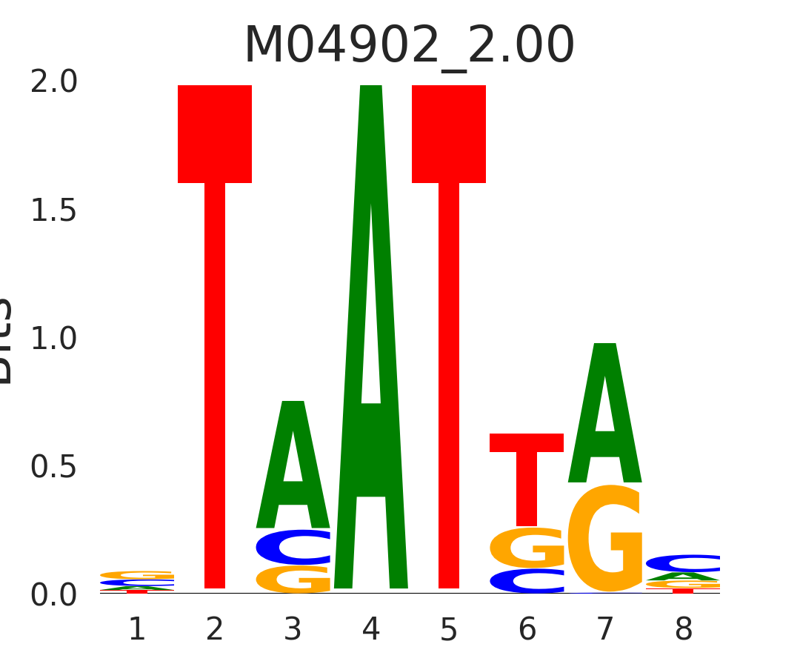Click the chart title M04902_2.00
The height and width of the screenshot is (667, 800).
pyautogui.click(x=409, y=46)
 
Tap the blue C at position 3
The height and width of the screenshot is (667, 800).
pyautogui.click(x=293, y=548)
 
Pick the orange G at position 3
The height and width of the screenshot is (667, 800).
pyautogui.click(x=293, y=580)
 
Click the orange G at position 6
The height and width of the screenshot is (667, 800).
pyautogui.click(x=527, y=548)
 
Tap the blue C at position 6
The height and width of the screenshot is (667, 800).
pyautogui.click(x=527, y=581)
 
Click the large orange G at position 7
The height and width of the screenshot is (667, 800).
pyautogui.click(x=605, y=539)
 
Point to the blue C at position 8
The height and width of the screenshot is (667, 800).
pyautogui.click(x=683, y=563)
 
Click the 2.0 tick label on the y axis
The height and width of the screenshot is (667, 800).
pyautogui.click(x=53, y=82)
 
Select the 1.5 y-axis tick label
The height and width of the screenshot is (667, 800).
pyautogui.click(x=53, y=211)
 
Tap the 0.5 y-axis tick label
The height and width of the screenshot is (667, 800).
pyautogui.click(x=53, y=468)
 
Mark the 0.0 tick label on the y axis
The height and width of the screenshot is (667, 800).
pyautogui.click(x=53, y=595)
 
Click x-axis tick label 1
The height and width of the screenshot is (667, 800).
pyautogui.click(x=137, y=630)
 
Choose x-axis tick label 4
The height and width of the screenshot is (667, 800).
pyautogui.click(x=371, y=630)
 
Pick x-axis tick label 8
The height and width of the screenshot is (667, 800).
pyautogui.click(x=683, y=630)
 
